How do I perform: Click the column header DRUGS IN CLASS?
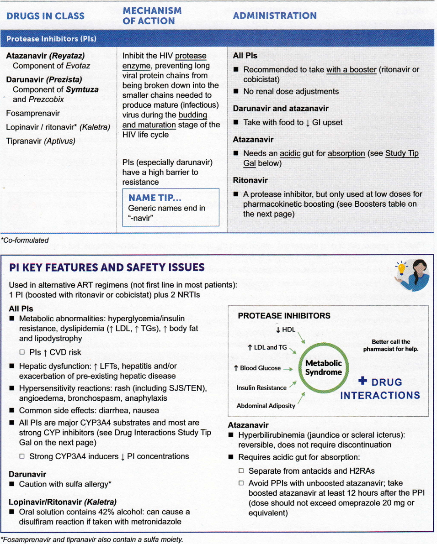click(45, 16)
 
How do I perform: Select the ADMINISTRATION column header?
click(275, 16)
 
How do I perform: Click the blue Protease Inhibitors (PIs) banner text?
click(51, 39)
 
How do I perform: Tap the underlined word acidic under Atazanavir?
click(290, 154)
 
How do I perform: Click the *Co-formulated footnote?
click(25, 240)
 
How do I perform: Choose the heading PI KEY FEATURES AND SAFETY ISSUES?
click(107, 267)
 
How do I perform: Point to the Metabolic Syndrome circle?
click(324, 368)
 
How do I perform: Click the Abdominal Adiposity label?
click(266, 406)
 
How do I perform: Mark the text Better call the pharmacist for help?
click(391, 345)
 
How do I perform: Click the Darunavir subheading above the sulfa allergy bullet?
click(27, 474)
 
